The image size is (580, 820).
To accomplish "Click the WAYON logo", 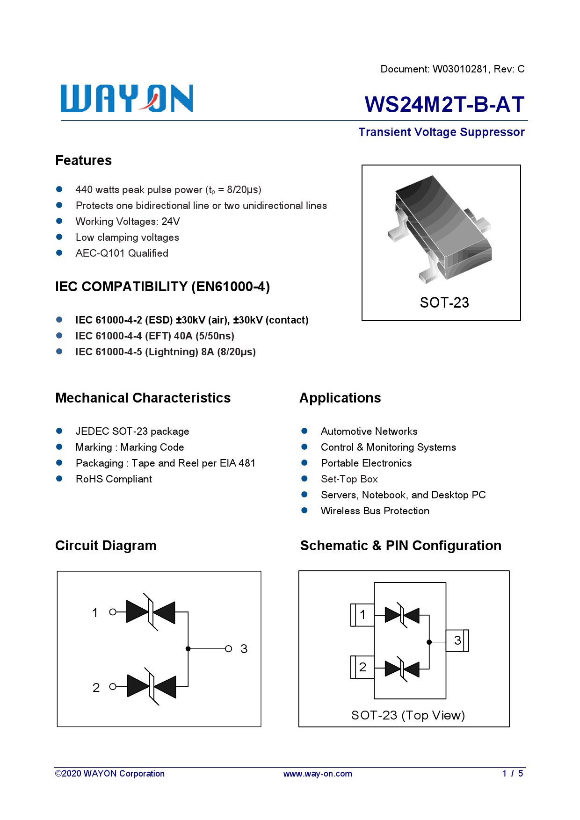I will [x=126, y=99].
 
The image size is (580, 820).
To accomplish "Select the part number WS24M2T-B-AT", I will [x=444, y=104].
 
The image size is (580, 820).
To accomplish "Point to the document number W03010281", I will [x=460, y=69].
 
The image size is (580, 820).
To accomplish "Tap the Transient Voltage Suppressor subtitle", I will [x=441, y=132].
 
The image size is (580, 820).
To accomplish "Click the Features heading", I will [x=84, y=160].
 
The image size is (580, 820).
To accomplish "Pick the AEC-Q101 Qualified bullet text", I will [x=122, y=253].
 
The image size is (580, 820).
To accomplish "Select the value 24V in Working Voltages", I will [x=171, y=222].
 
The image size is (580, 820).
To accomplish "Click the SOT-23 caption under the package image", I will [x=444, y=302].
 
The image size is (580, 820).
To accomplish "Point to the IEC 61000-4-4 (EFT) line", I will [x=154, y=336].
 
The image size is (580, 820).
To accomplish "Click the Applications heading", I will [x=340, y=398].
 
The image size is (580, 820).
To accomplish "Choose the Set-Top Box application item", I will [x=349, y=479].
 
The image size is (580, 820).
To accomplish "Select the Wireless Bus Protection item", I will [x=375, y=511].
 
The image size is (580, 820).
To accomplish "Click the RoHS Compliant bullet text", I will [x=114, y=479].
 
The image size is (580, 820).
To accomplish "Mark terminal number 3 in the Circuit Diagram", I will [x=244, y=649].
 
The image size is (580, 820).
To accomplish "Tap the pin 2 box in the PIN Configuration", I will [x=362, y=667].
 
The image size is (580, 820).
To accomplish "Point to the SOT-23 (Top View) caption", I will [x=408, y=715].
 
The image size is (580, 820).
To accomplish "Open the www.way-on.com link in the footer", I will [x=318, y=774].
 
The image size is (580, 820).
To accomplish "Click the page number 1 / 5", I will [x=513, y=774].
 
